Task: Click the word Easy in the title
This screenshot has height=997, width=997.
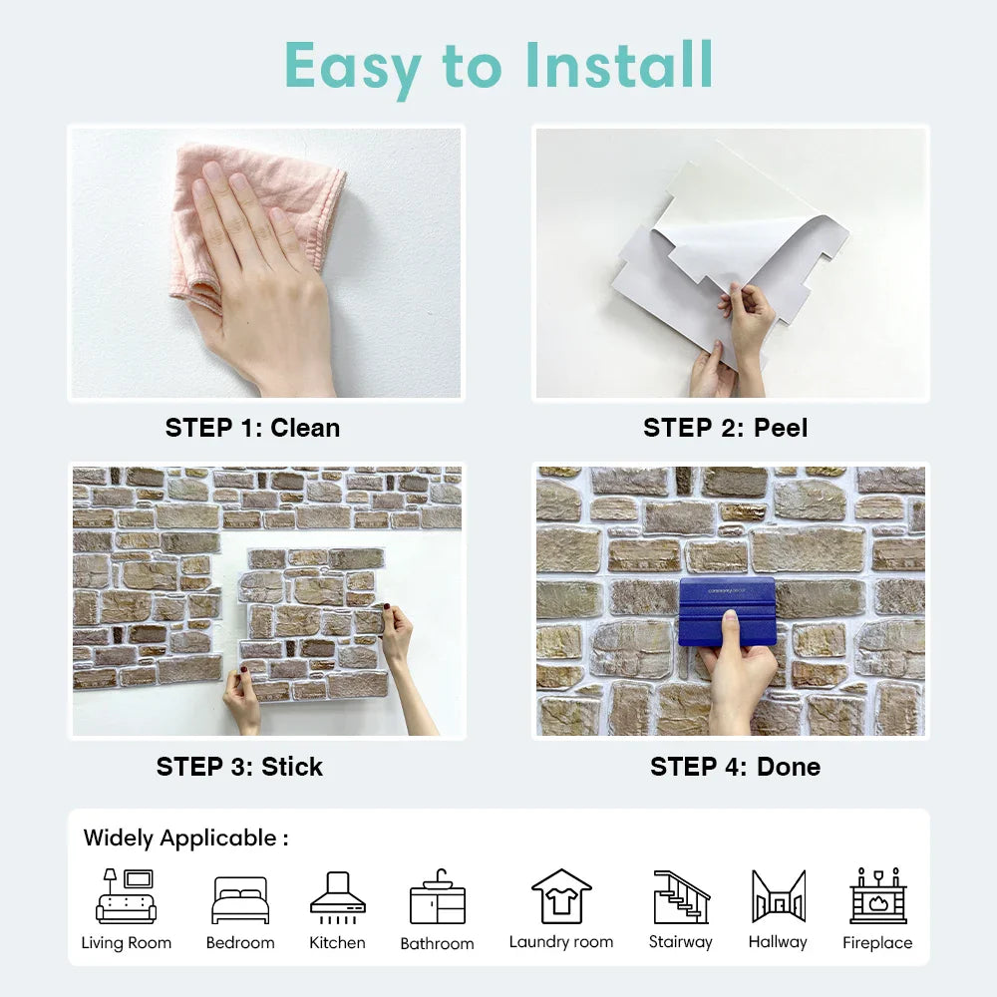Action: click(x=353, y=69)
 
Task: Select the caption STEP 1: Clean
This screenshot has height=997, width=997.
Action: click(x=252, y=428)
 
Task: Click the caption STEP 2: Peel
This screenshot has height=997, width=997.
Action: click(x=726, y=428)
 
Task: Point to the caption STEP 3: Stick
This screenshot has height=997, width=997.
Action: click(x=239, y=767)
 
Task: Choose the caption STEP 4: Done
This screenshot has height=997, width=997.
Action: click(x=735, y=767)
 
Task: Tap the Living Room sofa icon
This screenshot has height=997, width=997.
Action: click(x=126, y=896)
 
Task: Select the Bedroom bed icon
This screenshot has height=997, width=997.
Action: click(x=240, y=899)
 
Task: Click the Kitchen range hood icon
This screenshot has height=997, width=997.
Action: click(x=338, y=897)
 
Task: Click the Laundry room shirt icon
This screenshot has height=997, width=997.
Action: click(x=561, y=896)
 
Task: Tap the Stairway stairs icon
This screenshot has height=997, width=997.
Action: click(x=681, y=896)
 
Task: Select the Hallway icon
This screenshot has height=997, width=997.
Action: click(x=779, y=896)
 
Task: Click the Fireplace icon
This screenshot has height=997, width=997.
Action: click(x=878, y=895)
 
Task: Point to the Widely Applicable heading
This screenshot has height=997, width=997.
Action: click(x=185, y=838)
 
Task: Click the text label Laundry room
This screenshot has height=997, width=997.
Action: click(x=561, y=942)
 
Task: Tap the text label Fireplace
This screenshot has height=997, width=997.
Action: click(x=877, y=942)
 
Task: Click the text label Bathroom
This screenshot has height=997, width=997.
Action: click(x=438, y=943)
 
